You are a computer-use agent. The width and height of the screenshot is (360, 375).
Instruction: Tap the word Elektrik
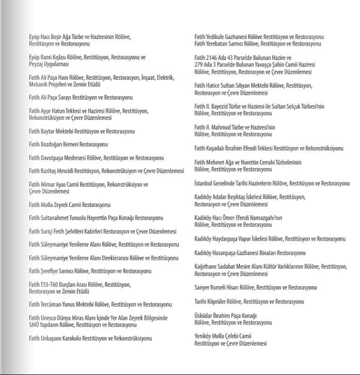[x=164, y=77]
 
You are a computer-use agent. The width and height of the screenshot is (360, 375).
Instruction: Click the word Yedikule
[x=215, y=37]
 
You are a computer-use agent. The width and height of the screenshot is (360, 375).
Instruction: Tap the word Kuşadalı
[x=217, y=148]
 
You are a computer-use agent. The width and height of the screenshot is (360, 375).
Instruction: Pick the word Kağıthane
[x=208, y=266]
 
